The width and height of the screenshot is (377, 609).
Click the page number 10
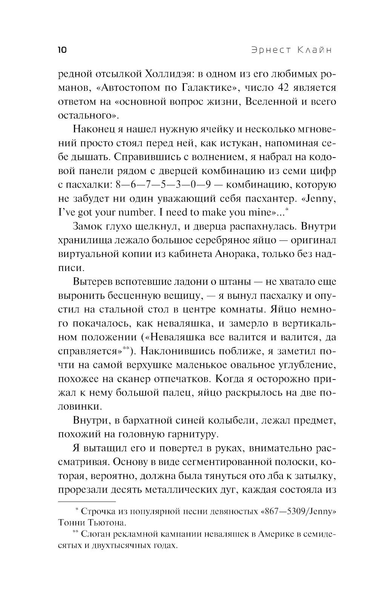(x=63, y=50)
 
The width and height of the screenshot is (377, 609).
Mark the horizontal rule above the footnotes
(x=87, y=502)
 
